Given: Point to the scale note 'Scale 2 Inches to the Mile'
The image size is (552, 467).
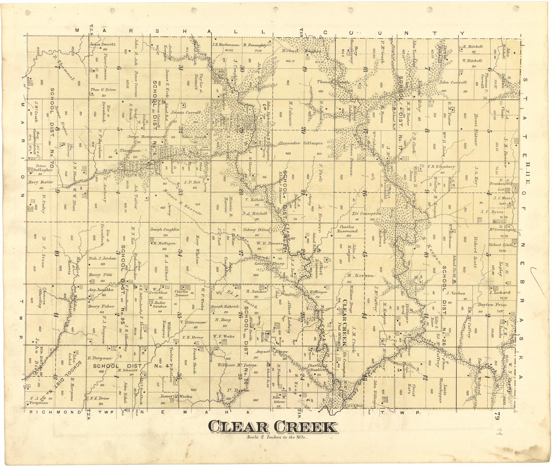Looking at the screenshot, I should pyautogui.click(x=277, y=437).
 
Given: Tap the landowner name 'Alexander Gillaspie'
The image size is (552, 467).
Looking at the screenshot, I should pyautogui.click(x=300, y=143).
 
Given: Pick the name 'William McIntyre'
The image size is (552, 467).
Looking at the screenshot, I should pyautogui.click(x=237, y=365).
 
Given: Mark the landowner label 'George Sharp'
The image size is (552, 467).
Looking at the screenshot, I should pyautogui.click(x=269, y=264).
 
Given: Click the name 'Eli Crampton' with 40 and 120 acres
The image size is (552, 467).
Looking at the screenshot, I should pyautogui.click(x=367, y=213).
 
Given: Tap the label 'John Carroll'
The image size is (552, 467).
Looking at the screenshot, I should pyautogui.click(x=453, y=82).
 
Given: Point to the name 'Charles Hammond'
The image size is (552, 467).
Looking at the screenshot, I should pyautogui.click(x=347, y=229).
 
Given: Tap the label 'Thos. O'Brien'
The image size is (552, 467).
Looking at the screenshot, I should pyautogui.click(x=103, y=90).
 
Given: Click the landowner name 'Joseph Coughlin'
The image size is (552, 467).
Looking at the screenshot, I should pyautogui.click(x=164, y=230).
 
